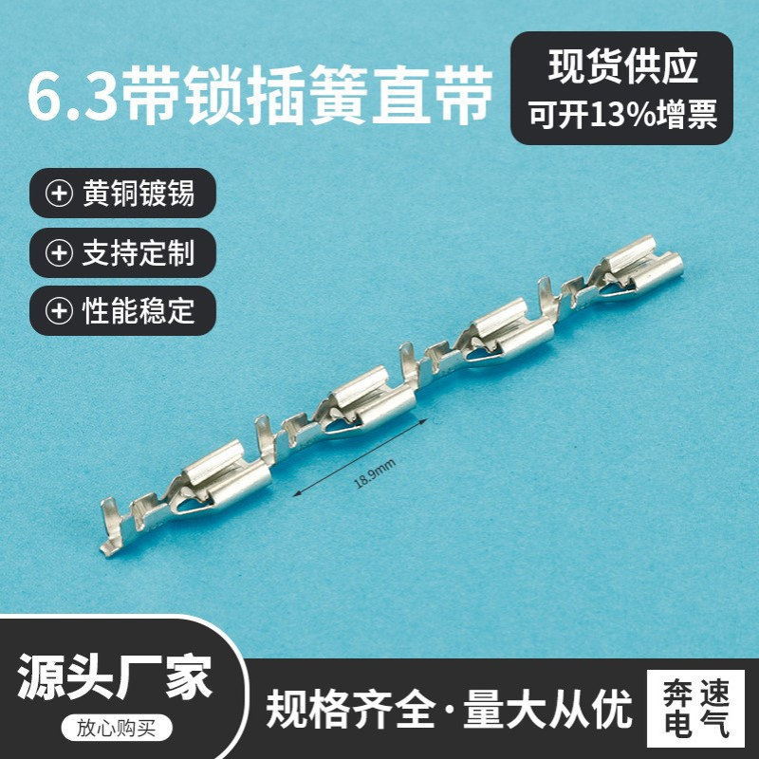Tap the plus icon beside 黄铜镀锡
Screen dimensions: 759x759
(60, 194)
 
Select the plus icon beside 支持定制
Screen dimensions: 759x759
(60, 253)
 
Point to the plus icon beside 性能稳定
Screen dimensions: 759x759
(60, 311)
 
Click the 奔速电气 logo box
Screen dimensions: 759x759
(694, 710)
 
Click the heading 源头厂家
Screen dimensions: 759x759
(116, 677)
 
